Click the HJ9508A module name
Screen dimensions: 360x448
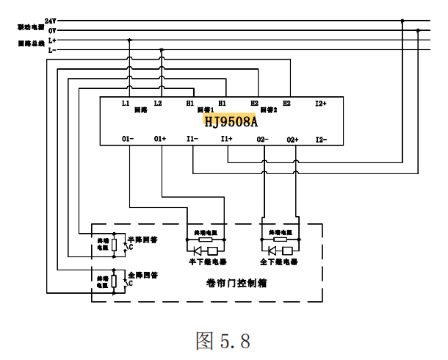pos(231,119)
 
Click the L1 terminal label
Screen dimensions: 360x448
pos(126,104)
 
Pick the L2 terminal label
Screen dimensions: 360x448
pos(158,104)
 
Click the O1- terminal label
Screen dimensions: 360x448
pos(127,139)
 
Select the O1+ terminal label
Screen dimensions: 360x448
pos(160,139)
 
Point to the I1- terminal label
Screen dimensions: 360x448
pos(192,139)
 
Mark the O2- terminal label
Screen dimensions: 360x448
pos(261,139)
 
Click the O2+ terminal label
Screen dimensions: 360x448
pos(294,139)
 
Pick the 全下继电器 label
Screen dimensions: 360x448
pos(280,261)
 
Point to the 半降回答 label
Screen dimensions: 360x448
pos(143,239)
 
